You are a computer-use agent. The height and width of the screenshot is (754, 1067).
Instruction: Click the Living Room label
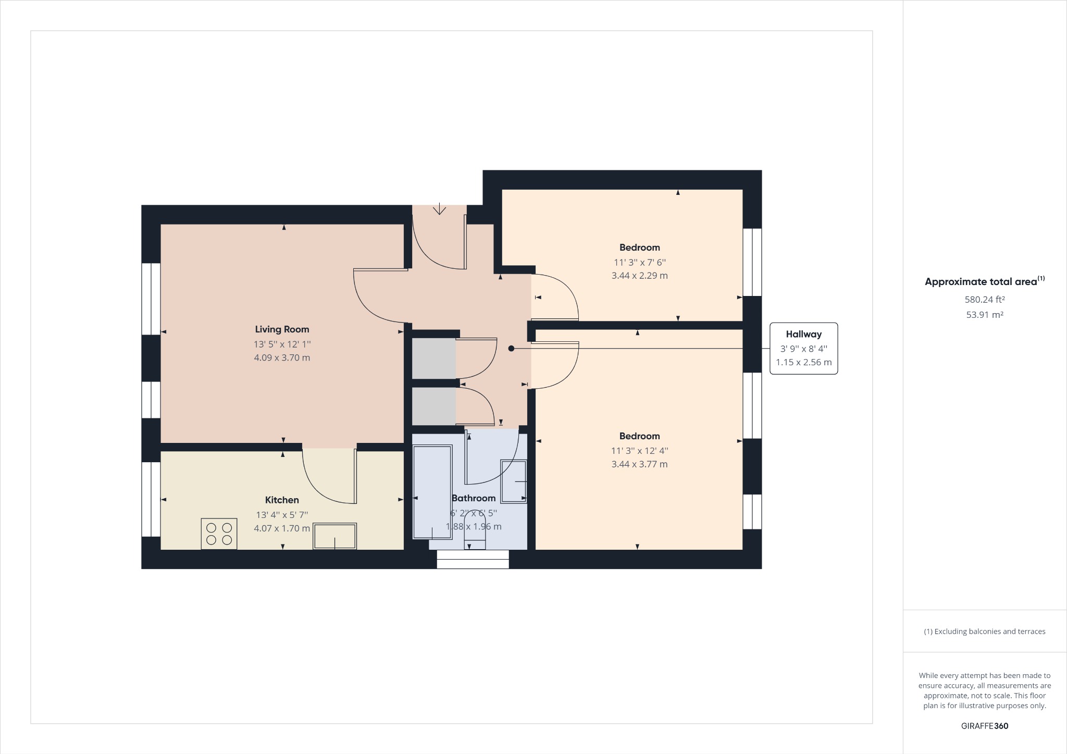click(x=282, y=329)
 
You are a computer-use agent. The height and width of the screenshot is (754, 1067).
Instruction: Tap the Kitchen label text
click(x=282, y=500)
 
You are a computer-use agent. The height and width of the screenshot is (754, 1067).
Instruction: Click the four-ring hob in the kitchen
click(x=219, y=534)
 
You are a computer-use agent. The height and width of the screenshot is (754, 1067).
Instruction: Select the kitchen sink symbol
click(x=334, y=536)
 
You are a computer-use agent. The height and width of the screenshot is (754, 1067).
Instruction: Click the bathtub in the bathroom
click(x=432, y=492)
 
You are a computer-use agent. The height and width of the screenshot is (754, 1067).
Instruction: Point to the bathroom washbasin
click(x=514, y=481)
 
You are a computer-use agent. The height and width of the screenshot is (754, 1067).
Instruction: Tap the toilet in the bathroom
click(x=475, y=530)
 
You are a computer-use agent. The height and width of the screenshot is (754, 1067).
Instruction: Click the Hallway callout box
click(x=803, y=348)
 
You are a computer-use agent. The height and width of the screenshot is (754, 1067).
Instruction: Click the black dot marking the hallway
click(x=511, y=349)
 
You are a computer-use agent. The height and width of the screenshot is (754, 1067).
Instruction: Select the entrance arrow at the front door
click(x=439, y=209)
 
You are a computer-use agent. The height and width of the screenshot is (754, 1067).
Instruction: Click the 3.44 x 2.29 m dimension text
click(x=639, y=276)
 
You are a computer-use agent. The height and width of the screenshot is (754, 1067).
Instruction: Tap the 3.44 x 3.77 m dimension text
click(x=639, y=464)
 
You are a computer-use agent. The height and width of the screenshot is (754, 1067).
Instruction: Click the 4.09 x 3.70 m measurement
click(x=282, y=358)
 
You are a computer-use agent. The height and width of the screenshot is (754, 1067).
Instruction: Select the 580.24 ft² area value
click(x=984, y=300)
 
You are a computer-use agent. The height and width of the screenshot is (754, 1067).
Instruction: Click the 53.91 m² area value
click(x=984, y=315)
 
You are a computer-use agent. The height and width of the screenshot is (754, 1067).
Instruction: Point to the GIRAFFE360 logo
click(x=984, y=726)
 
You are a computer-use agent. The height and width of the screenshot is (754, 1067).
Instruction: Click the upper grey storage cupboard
click(x=433, y=359)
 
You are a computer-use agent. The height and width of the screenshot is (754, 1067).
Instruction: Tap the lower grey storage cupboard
click(x=433, y=406)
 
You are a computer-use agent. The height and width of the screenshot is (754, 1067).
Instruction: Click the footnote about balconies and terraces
click(x=984, y=632)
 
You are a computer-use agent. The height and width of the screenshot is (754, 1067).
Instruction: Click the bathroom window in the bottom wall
click(x=473, y=559)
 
